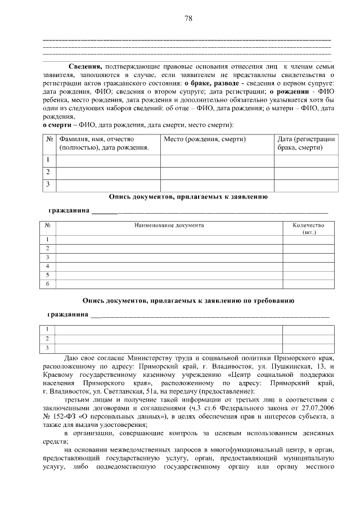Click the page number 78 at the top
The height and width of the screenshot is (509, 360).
pyautogui.click(x=188, y=19)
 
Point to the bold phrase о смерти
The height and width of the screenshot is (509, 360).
pyautogui.click(x=57, y=124)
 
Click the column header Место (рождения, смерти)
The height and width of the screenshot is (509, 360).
pyautogui.click(x=205, y=139)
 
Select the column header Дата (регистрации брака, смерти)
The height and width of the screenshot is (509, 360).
pyautogui.click(x=306, y=143)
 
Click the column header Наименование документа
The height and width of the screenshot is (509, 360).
pyautogui.click(x=169, y=226)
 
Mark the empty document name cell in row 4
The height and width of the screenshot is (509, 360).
pyautogui.click(x=169, y=266)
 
